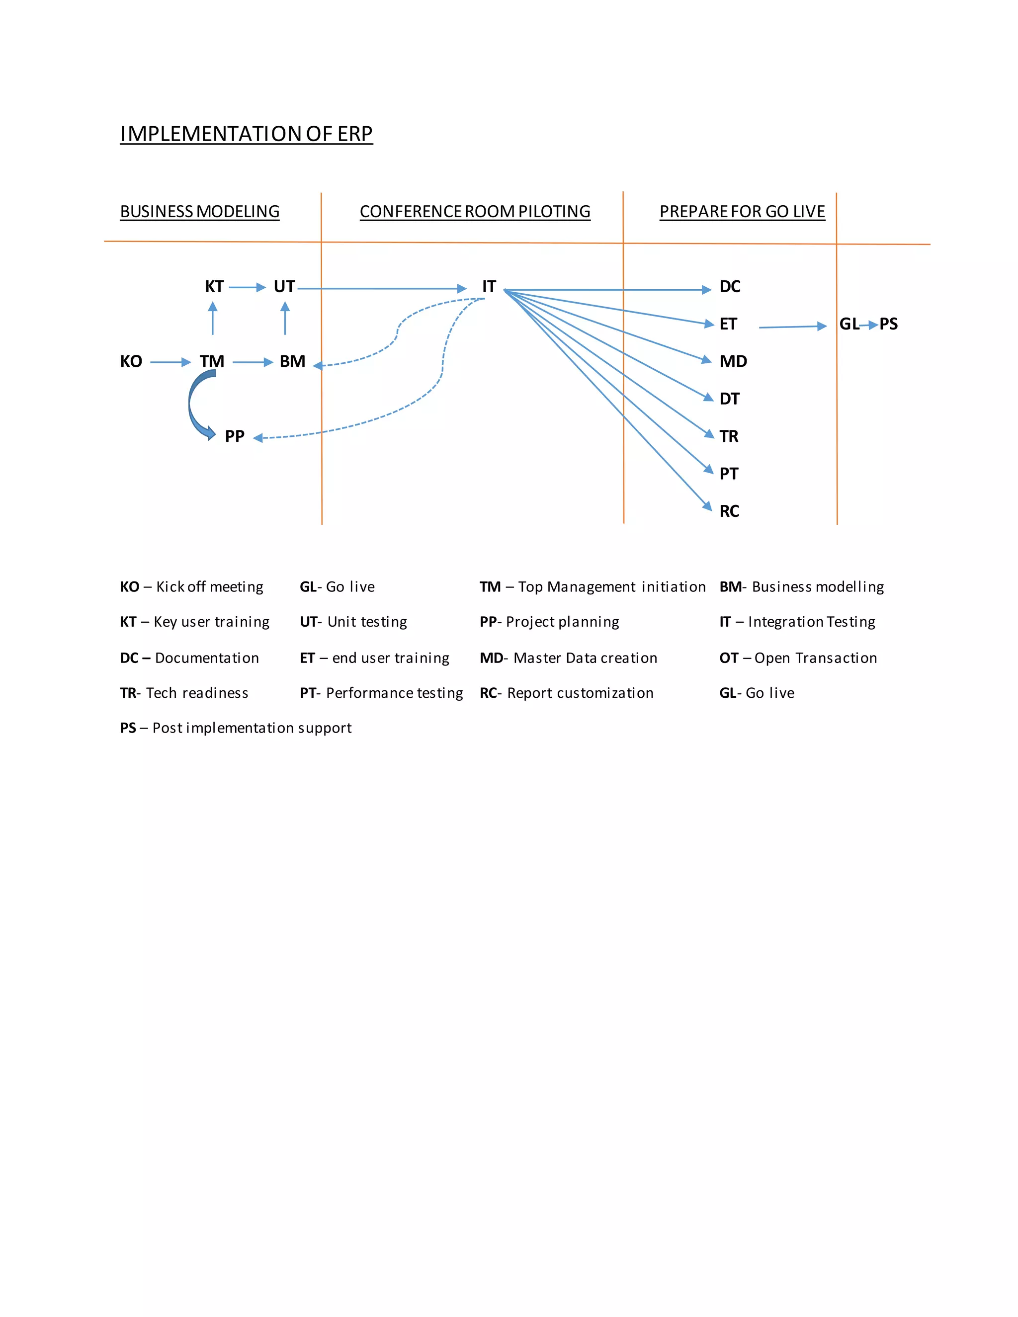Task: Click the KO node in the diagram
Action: [x=131, y=361]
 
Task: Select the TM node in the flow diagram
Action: [x=212, y=361]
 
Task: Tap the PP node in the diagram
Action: [x=235, y=436]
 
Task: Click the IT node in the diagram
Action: [x=489, y=286]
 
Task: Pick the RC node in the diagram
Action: [x=729, y=511]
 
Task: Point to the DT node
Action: [x=729, y=399]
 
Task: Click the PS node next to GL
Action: [x=888, y=324]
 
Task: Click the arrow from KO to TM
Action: [x=170, y=362]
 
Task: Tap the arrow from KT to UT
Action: [x=247, y=288]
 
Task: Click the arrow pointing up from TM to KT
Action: [x=212, y=319]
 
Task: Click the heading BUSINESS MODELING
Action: [x=200, y=212]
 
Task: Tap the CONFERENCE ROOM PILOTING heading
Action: [x=475, y=212]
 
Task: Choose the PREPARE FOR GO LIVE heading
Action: [x=742, y=212]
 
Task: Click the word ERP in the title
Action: [x=354, y=134]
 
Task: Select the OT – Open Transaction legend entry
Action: [x=798, y=658]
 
